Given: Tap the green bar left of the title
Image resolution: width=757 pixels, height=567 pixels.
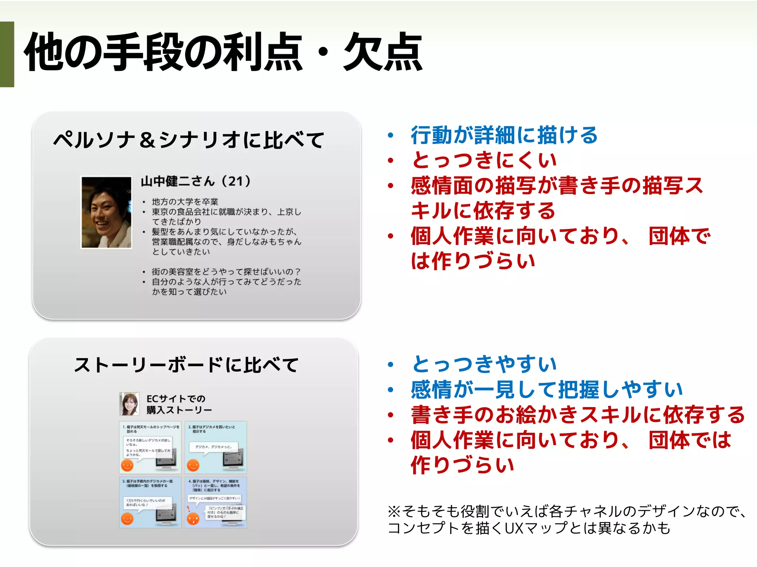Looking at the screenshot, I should coord(7,54).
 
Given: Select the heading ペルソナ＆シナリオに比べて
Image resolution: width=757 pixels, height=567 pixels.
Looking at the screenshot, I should coord(189,140).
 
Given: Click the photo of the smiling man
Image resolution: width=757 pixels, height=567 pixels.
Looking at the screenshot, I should coord(106,212).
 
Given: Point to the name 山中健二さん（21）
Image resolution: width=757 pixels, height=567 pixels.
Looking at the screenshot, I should coord(196,181).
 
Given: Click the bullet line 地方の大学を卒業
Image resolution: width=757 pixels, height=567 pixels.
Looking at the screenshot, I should coord(185,202).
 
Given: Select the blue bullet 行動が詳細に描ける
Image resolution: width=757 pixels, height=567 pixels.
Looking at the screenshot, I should coord(504,135).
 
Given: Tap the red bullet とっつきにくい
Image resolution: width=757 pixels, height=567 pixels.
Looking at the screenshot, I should coord(484,160).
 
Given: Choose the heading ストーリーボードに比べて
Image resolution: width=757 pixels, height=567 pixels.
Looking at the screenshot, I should coord(186,365).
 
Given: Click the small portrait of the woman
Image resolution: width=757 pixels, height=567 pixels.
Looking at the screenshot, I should coord(129,404).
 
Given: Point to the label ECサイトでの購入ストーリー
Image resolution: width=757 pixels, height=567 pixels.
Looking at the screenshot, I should coord(179,404).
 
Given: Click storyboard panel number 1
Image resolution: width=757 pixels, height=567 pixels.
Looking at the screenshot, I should coord(150,447).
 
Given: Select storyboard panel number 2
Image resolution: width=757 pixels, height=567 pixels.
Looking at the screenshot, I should coord(216,447).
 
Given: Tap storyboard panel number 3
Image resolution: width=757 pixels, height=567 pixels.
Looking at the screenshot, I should coord(150,502).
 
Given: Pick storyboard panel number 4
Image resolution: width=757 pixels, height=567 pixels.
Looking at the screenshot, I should coord(216,502).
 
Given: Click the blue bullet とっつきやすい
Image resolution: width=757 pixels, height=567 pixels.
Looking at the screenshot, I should coord(484,364).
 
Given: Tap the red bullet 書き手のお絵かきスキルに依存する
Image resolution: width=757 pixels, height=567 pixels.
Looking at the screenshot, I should coord(578,415).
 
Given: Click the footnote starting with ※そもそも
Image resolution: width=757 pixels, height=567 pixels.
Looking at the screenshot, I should coord(566,520).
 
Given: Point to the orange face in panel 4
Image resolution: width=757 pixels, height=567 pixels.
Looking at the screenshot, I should coord(193,519).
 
